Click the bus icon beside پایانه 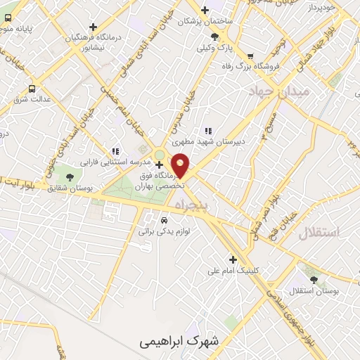click(x=32, y=89)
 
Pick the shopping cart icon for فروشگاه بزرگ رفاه click(x=250, y=56)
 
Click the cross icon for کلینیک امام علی click(x=233, y=259)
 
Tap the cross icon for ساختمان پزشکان click(x=205, y=10)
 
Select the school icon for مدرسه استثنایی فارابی click(x=115, y=151)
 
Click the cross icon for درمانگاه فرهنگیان click(x=92, y=27)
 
